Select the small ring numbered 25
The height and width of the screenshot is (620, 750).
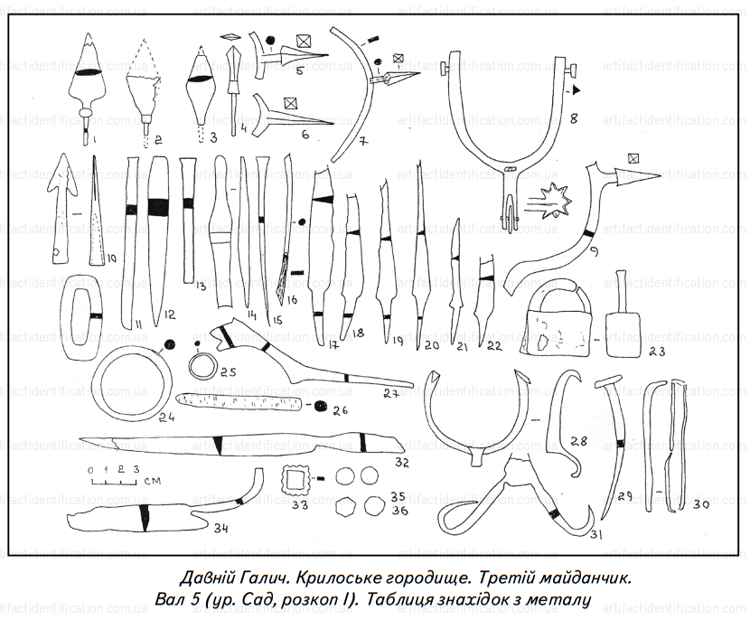pyautogui.click(x=203, y=366)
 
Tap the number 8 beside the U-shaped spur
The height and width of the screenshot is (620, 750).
pyautogui.click(x=572, y=118)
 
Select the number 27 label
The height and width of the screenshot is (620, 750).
pyautogui.click(x=390, y=393)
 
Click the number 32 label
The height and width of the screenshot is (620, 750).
pyautogui.click(x=401, y=463)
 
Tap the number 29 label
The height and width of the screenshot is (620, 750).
pyautogui.click(x=622, y=498)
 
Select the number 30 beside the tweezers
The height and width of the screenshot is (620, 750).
pyautogui.click(x=700, y=506)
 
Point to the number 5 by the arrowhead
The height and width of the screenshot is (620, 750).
pyautogui.click(x=298, y=70)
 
